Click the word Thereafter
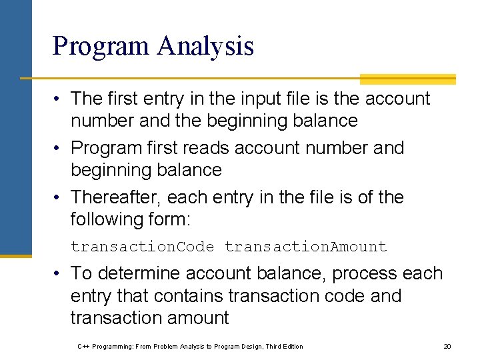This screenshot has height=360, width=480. pos(115,197)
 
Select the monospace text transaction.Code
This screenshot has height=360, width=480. pos(142,247)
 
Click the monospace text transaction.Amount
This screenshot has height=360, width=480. pos(305,247)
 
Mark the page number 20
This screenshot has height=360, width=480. pos(447,346)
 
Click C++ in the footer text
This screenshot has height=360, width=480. pos(83,346)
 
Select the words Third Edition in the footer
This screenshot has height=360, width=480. pos(284,346)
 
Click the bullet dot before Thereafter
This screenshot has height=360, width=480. pos(58,198)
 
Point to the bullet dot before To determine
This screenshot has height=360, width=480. pos(58,274)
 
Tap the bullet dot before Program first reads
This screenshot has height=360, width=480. pos(58,148)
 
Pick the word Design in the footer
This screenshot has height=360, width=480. pos(249,346)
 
